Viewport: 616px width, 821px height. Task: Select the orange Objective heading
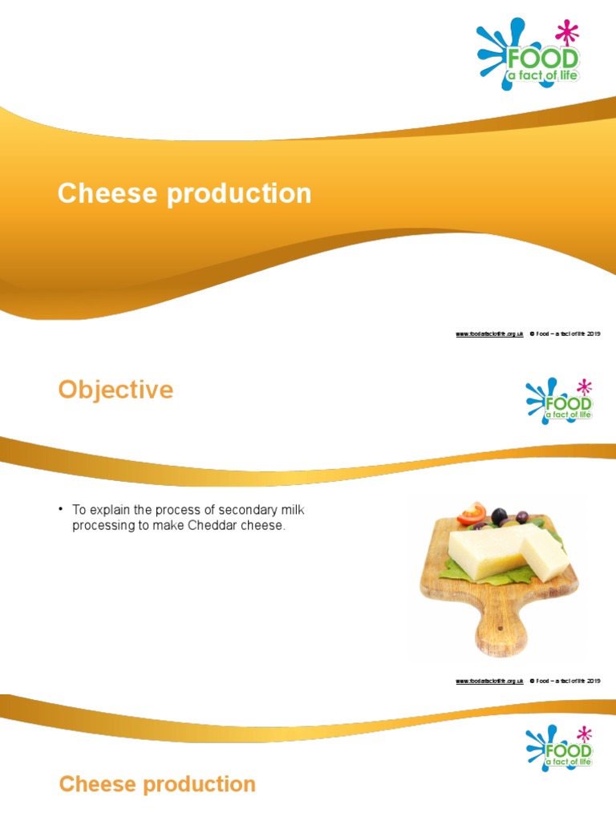click(115, 390)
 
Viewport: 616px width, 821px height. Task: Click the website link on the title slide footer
click(489, 333)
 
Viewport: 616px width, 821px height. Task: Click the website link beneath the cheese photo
click(489, 681)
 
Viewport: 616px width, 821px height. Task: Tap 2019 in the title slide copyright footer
click(593, 333)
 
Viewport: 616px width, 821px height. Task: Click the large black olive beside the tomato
click(500, 516)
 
